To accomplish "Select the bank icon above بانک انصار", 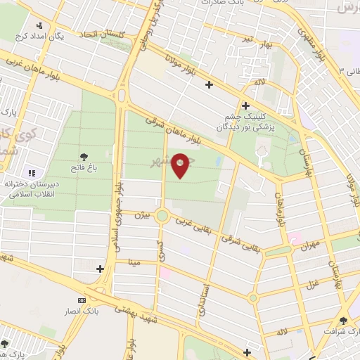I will tap(82, 300).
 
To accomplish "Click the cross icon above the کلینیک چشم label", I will tap(245, 105).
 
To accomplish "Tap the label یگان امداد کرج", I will tap(60, 36).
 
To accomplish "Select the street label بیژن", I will tap(143, 214).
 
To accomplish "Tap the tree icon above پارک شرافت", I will tap(344, 319).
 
